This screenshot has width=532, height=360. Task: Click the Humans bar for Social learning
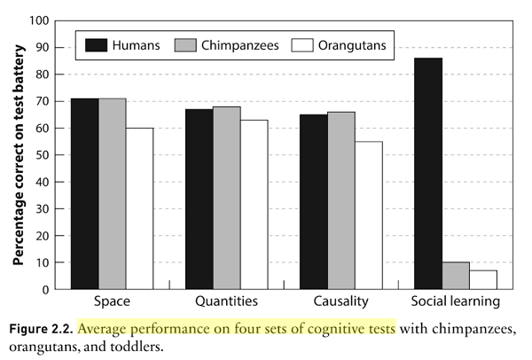point(428,173)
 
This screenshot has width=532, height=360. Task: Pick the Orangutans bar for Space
point(139,208)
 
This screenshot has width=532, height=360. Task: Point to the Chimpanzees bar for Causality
point(340,200)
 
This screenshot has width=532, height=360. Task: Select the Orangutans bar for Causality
point(368,215)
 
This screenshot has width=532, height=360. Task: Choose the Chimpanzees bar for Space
point(112,193)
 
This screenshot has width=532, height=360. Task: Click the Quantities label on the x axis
point(226,301)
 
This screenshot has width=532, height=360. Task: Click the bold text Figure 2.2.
point(42,328)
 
